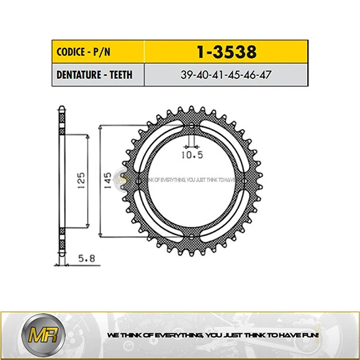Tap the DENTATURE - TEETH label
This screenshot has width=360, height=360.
[x=90, y=76]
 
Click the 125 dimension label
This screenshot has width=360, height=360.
[x=81, y=181]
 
